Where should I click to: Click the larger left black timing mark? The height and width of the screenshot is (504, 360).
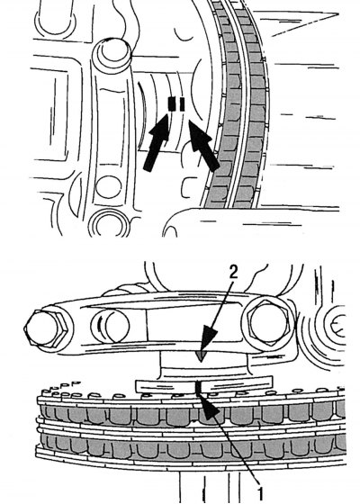pos(172,103)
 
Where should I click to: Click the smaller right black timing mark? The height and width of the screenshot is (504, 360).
pos(182,104)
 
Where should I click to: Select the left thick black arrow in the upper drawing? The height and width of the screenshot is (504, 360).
pos(157,142)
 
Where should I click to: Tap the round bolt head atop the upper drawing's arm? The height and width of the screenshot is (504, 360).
pos(112,54)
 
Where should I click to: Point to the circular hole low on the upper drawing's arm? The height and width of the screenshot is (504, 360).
pos(109,187)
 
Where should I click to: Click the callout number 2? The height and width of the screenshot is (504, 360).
pos(233,272)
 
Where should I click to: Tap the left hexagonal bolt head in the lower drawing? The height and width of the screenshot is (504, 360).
pos(46,328)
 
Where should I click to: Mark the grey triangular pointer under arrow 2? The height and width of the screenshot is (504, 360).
pos(202,355)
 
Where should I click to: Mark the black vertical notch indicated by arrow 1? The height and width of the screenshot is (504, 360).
pos(198,388)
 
